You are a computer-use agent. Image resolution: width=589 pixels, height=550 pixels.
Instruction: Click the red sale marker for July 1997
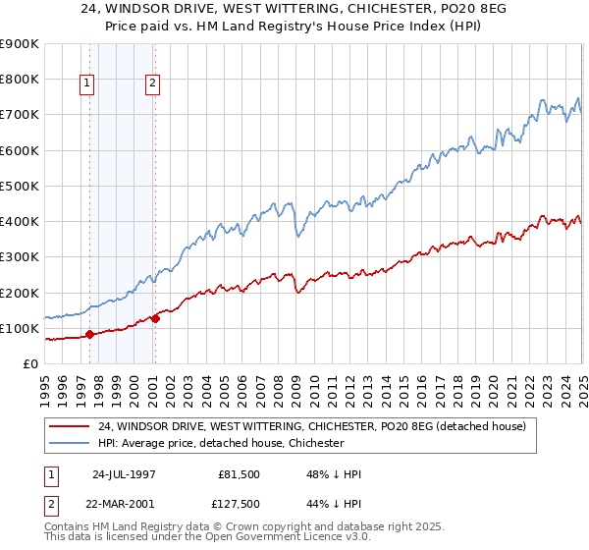tap(89, 334)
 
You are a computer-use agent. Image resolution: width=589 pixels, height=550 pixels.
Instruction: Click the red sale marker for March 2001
tap(155, 318)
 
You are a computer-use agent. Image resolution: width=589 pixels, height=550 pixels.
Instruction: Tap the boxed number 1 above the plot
tap(87, 84)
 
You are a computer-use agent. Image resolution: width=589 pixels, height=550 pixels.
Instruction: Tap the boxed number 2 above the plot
tap(153, 84)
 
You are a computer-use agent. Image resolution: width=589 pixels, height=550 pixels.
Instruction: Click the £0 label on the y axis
tap(29, 363)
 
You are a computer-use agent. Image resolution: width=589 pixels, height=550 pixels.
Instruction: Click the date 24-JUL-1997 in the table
tap(124, 472)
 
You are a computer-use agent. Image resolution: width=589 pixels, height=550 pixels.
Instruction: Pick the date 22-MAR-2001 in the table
tap(124, 505)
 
